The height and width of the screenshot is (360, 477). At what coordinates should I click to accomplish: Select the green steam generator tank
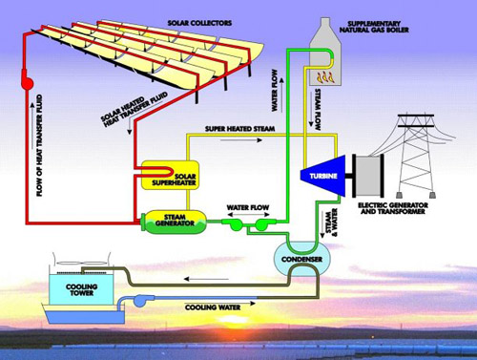(x=171, y=223)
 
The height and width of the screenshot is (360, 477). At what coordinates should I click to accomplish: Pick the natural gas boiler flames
(x=323, y=70)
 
